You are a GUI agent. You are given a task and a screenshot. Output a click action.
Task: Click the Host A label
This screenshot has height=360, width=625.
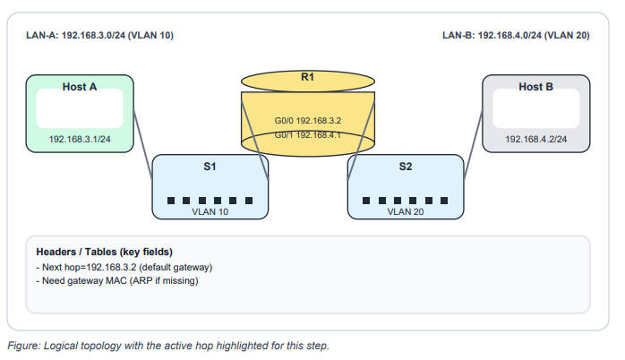80,87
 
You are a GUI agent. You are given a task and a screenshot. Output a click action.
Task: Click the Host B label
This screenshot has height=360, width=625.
536,87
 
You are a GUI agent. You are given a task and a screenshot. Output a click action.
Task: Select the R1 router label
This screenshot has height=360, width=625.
307,77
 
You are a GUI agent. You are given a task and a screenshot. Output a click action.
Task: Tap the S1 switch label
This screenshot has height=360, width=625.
210,167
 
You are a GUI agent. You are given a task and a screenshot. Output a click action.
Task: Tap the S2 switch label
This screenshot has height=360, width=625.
406,167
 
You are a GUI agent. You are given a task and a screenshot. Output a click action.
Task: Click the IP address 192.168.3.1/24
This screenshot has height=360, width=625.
80,140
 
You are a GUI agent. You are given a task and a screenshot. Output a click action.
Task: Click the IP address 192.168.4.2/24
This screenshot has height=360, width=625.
536,140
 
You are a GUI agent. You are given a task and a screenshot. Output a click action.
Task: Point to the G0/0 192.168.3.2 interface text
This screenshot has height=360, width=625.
308,119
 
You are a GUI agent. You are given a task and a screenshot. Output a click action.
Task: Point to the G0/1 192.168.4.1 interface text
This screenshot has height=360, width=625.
308,134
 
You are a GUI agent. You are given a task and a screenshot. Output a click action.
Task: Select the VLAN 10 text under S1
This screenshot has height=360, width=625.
210,212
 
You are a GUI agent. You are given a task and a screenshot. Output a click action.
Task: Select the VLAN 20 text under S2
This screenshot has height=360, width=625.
406,212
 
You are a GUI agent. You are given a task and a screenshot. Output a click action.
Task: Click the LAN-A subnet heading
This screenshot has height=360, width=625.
99,36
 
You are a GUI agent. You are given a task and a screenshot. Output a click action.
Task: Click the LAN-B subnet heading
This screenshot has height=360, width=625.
516,36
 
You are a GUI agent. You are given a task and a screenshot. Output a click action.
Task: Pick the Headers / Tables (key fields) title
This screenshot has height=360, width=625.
104,252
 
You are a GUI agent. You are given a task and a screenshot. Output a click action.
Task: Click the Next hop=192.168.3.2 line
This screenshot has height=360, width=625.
124,267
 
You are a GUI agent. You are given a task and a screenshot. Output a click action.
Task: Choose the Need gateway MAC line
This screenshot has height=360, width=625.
116,280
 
